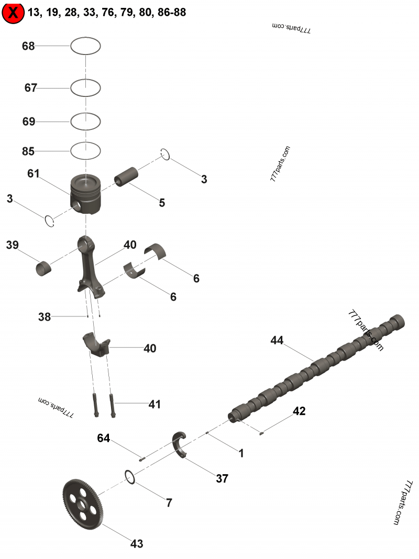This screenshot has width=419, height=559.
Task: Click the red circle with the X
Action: click(x=13, y=13)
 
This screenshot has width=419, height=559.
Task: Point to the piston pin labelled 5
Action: click(x=127, y=176)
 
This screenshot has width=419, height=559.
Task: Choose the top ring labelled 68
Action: click(x=85, y=46)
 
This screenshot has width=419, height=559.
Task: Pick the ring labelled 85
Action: click(x=85, y=151)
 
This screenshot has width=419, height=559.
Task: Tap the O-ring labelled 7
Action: click(x=130, y=476)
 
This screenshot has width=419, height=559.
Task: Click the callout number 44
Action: click(x=277, y=341)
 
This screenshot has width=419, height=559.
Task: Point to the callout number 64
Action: click(x=103, y=438)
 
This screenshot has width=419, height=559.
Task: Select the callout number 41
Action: click(x=155, y=404)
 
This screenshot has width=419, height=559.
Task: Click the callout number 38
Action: click(x=45, y=316)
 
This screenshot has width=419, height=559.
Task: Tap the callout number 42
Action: click(x=299, y=411)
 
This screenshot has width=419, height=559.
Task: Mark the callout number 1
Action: click(x=241, y=454)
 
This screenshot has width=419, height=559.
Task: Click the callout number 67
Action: click(x=31, y=88)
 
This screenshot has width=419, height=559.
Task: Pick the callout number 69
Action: click(x=29, y=122)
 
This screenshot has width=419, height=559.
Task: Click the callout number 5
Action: click(x=162, y=203)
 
